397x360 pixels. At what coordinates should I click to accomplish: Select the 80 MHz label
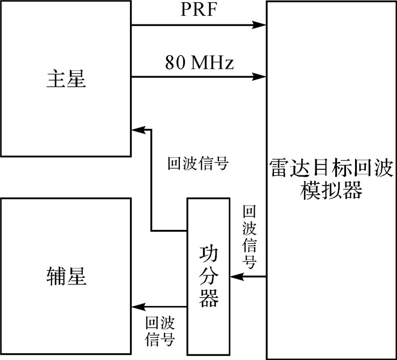pos(200,62)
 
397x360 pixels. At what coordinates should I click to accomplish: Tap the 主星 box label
pos(66,78)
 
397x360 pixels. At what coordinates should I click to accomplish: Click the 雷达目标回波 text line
pos(332,171)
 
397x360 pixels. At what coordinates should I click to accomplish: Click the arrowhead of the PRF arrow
pos(261,25)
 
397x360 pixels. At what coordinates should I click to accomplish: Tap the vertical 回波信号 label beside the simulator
pos(248,237)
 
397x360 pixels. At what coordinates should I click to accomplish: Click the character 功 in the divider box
pos(209,253)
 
